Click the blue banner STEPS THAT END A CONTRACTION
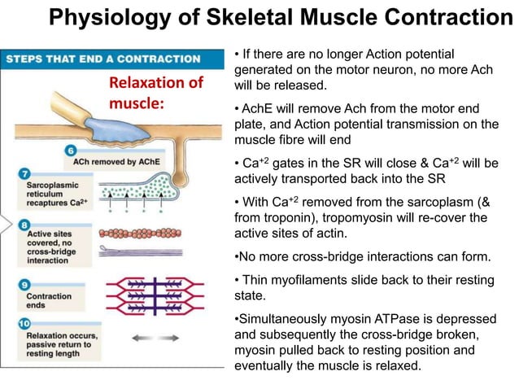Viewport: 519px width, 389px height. point(103,59)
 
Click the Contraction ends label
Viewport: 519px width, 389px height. point(49,301)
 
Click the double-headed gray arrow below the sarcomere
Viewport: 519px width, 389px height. point(155,336)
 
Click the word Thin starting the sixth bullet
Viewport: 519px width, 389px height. point(257,280)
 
